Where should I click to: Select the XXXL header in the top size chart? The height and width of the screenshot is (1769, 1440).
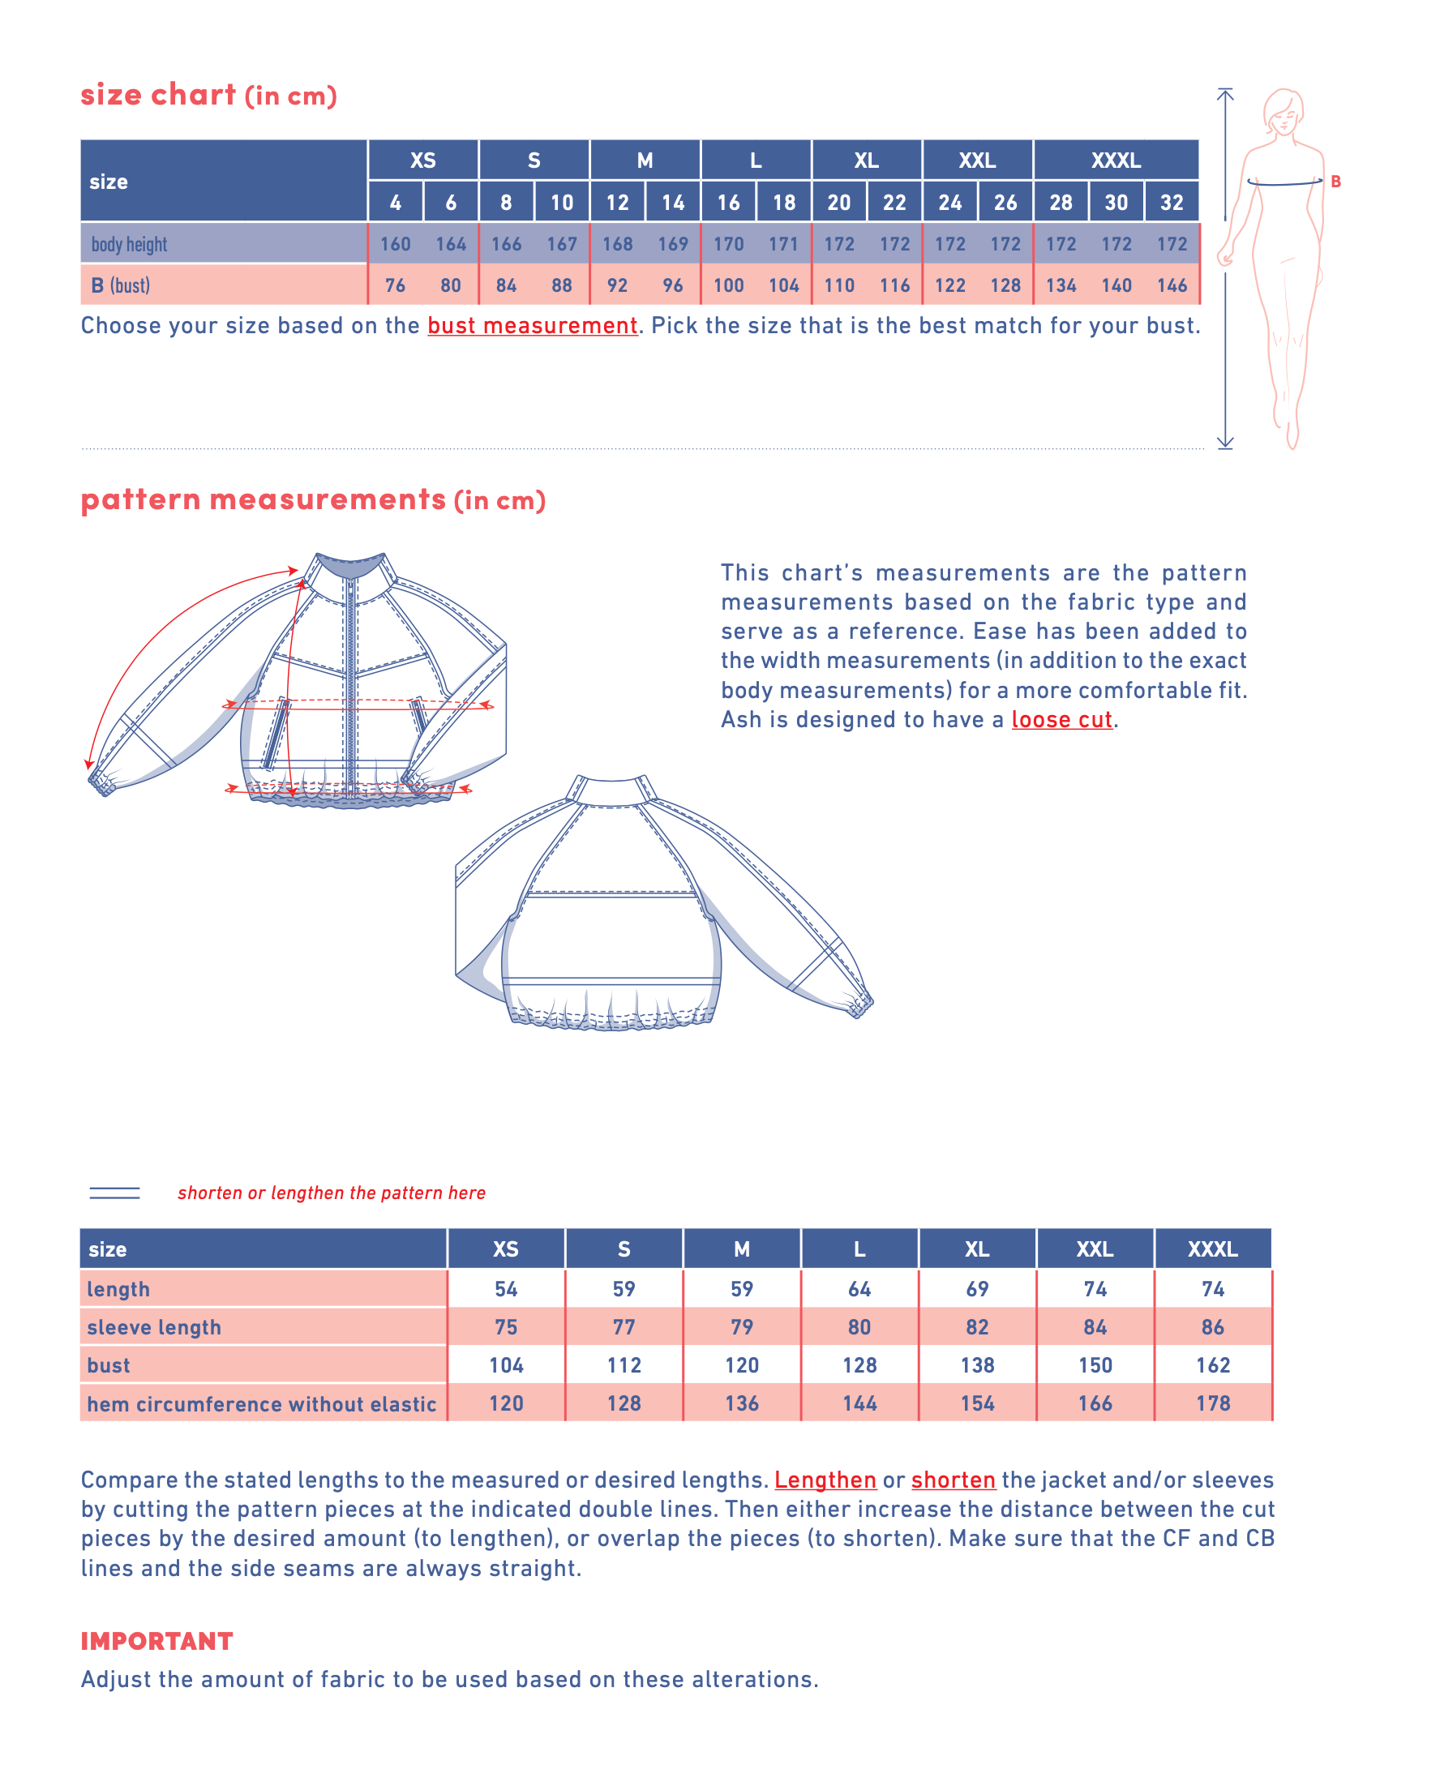pyautogui.click(x=1116, y=160)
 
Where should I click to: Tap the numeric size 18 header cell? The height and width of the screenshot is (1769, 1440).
pyautogui.click(x=784, y=203)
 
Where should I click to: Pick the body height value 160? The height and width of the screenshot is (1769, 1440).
pyautogui.click(x=395, y=244)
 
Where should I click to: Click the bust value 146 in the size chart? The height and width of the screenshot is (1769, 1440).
pyautogui.click(x=1172, y=285)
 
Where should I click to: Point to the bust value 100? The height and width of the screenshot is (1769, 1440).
pyautogui.click(x=728, y=285)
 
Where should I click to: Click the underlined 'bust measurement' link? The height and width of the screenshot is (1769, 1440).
pyautogui.click(x=532, y=326)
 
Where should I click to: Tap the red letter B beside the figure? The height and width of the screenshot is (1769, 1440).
pyautogui.click(x=1335, y=182)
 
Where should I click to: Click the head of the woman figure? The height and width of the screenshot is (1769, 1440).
pyautogui.click(x=1283, y=110)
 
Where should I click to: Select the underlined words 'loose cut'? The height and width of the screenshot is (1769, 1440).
pyautogui.click(x=1061, y=720)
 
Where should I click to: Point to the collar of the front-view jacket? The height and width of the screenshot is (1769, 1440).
pyautogui.click(x=352, y=568)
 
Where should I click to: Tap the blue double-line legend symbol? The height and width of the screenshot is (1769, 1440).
pyautogui.click(x=114, y=1193)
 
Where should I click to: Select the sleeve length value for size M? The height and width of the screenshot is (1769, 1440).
pyautogui.click(x=742, y=1327)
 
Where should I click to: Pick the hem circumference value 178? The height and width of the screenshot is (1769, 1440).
pyautogui.click(x=1213, y=1403)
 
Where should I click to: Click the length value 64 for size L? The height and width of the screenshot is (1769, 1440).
pyautogui.click(x=859, y=1289)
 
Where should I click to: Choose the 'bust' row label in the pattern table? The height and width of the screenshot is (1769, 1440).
pyautogui.click(x=109, y=1365)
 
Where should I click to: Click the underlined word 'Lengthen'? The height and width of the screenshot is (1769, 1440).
pyautogui.click(x=825, y=1480)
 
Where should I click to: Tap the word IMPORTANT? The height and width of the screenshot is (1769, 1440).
pyautogui.click(x=156, y=1640)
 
